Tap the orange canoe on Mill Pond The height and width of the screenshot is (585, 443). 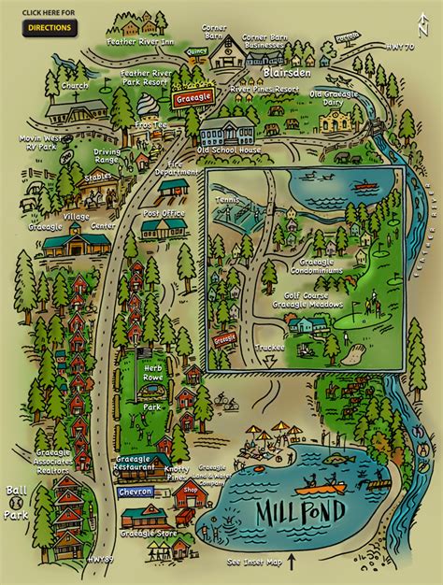click(322, 485)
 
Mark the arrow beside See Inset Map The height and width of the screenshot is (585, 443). click(291, 563)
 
